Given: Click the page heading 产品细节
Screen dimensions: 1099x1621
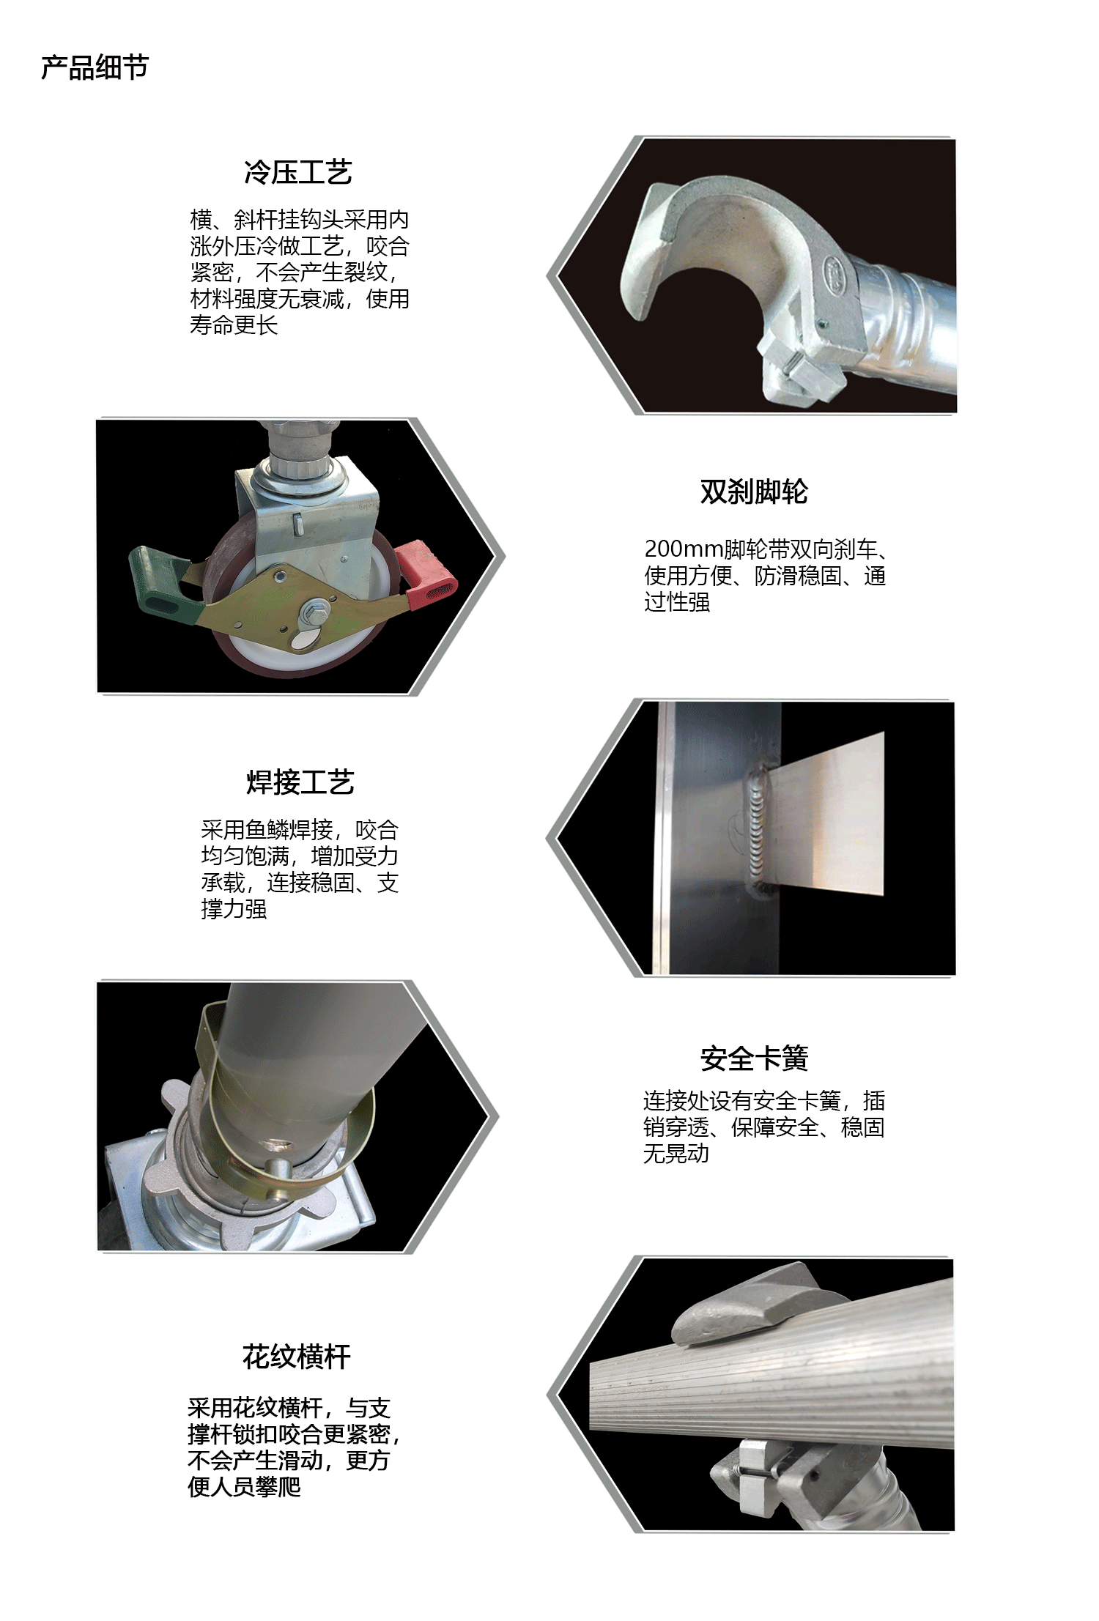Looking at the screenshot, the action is tap(95, 67).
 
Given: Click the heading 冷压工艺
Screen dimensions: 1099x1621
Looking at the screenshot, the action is tap(298, 172).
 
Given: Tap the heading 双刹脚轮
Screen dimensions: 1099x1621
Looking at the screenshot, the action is tap(754, 492).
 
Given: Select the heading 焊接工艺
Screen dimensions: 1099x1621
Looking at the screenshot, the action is tap(300, 782).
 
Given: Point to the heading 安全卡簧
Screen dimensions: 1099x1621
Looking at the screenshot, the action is tap(754, 1058).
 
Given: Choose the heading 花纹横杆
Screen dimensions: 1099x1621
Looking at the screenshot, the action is tap(297, 1357).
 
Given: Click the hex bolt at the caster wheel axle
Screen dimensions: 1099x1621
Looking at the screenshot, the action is tap(318, 609).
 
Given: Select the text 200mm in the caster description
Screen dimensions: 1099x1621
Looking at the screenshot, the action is tap(684, 549).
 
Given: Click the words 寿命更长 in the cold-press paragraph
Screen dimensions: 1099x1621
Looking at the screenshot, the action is tap(234, 324).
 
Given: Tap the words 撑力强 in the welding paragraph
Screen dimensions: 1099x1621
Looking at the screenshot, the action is tap(234, 909).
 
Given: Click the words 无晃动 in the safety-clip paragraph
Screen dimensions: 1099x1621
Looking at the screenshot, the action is tap(676, 1154).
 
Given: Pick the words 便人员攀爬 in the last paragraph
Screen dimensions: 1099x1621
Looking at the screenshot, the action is tap(244, 1487).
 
